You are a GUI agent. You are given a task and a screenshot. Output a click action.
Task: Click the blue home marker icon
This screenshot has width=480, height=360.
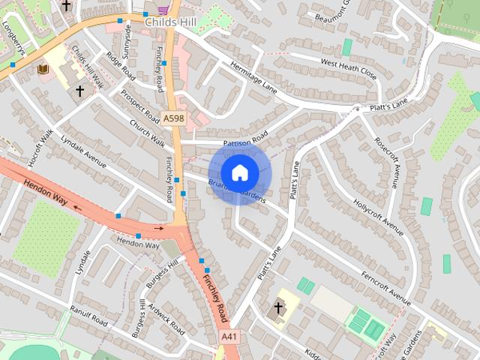point(239,172)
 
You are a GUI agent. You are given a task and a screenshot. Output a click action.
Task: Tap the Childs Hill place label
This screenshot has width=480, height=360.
point(170,22)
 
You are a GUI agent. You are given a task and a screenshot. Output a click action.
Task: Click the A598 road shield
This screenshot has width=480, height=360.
point(173,118)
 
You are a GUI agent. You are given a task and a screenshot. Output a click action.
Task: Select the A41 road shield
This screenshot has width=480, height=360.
point(229,337)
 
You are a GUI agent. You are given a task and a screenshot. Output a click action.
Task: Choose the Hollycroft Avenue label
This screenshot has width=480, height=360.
point(378,213)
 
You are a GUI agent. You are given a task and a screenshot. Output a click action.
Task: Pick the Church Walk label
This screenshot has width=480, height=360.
point(146,132)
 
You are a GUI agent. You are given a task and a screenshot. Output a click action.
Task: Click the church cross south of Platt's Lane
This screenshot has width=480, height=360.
point(277,308)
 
